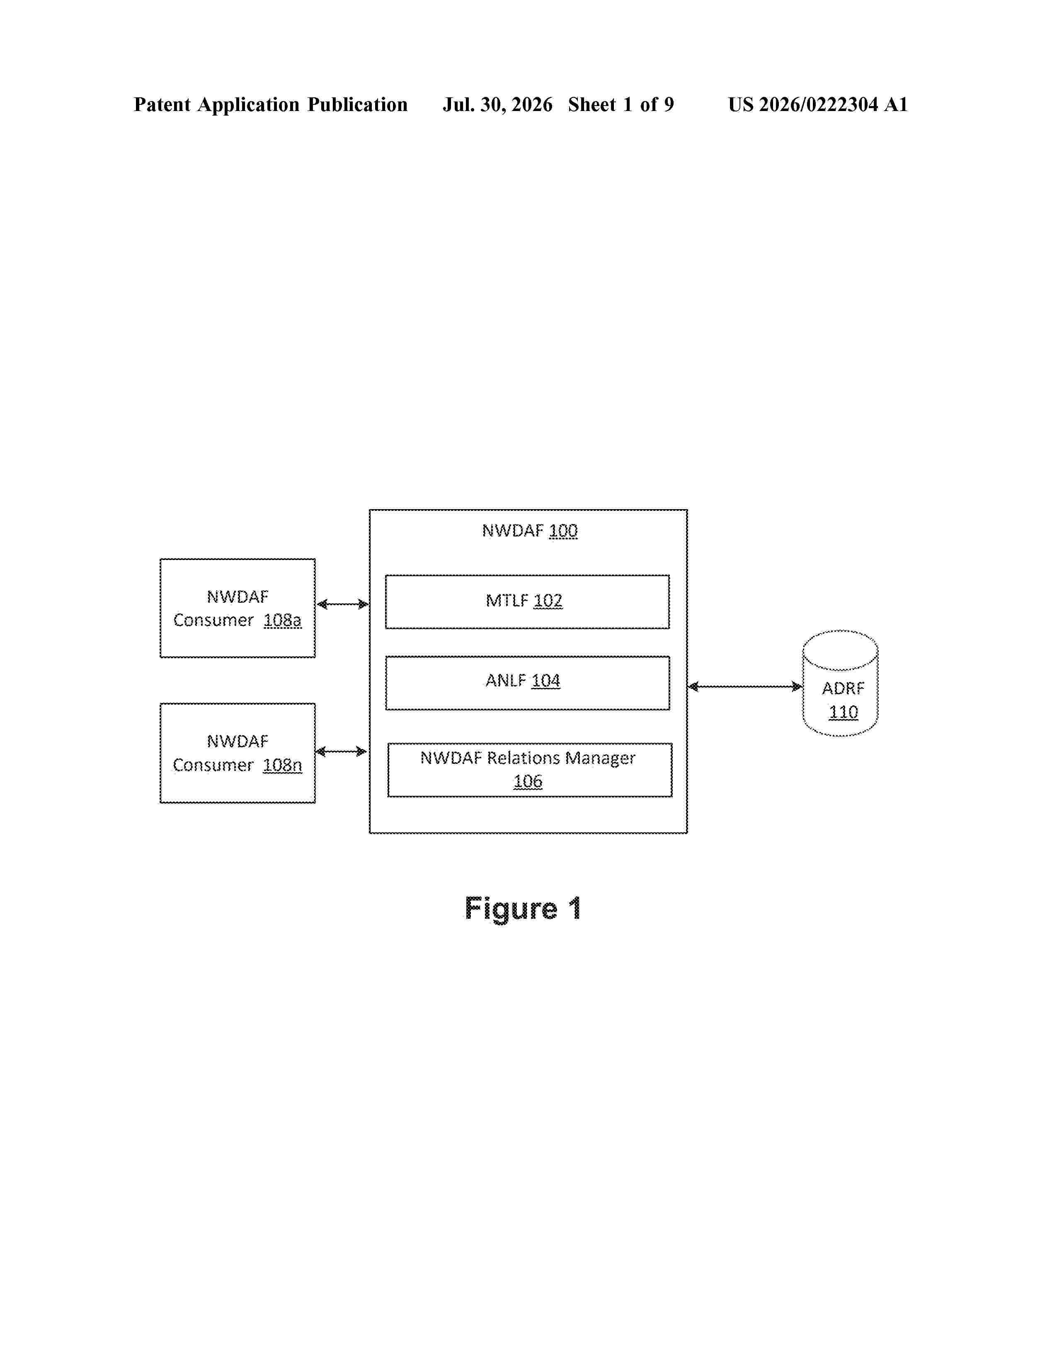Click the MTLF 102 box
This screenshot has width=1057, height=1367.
coord(527,601)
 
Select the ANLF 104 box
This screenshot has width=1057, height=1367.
coord(527,683)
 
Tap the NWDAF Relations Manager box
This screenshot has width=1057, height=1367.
coord(530,770)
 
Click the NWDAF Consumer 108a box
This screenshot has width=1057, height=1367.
coord(238,608)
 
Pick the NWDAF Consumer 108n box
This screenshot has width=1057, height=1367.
coord(238,753)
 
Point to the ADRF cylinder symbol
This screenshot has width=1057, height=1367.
coord(840,683)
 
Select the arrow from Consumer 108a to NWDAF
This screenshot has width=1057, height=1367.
coord(342,604)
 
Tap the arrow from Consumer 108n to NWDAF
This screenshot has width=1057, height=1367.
coord(341,751)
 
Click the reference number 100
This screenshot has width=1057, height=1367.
coord(563,531)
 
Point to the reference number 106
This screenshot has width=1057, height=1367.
coord(528,781)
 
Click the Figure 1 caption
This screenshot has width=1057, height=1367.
coord(523,908)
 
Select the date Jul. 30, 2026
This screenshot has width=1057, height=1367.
coord(498,104)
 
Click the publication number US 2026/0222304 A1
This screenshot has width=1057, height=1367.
coord(818,104)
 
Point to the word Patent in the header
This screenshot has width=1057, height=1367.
coord(162,104)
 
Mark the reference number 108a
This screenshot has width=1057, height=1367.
coord(282,620)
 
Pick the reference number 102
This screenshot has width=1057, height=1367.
coord(548,601)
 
